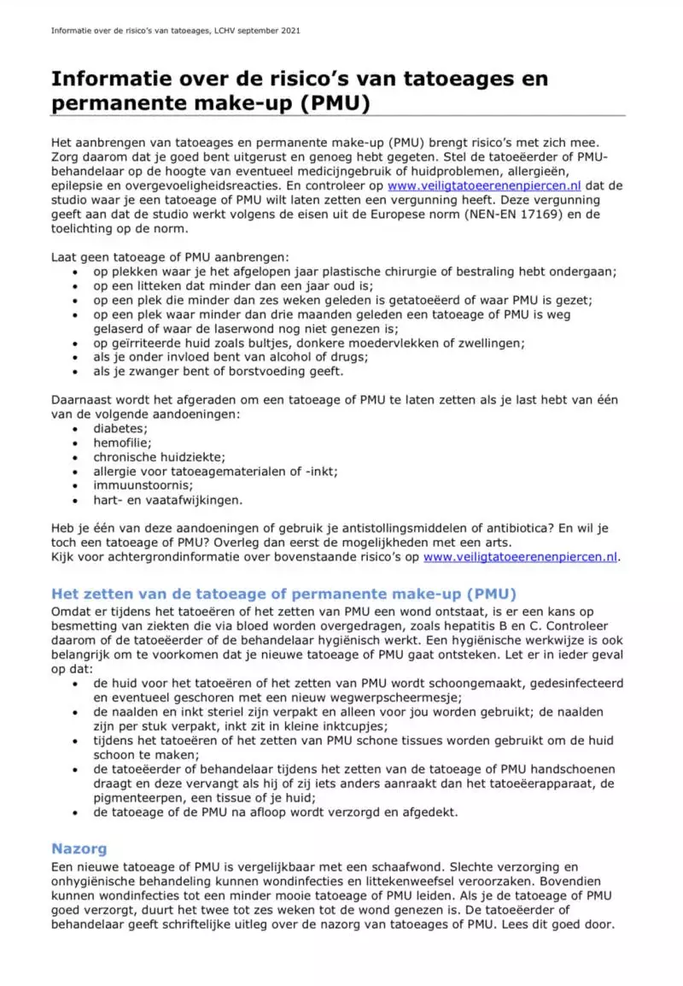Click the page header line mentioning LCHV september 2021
pos(175,31)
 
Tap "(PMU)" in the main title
pos(341,104)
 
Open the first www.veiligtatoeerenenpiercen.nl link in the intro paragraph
pos(484,185)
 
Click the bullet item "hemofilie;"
pos(123,443)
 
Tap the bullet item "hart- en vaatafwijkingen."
pos(168,500)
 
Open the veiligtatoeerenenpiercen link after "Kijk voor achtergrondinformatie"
pos(520,557)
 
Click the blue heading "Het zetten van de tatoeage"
pos(283,594)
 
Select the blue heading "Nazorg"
pos(79,849)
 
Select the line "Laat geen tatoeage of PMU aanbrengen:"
pos(170,257)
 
